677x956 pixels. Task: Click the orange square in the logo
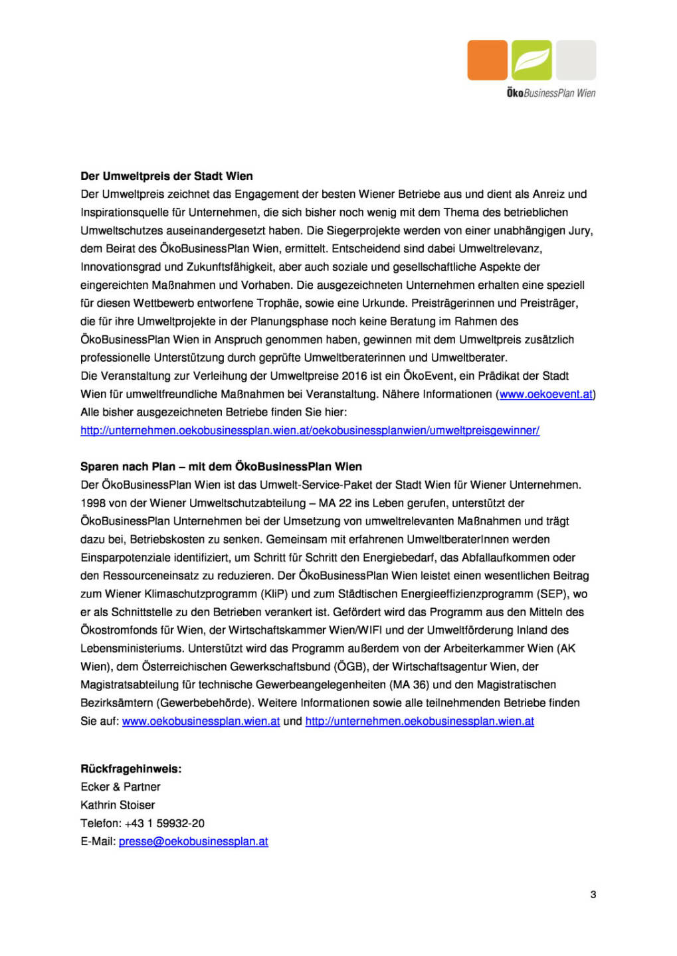tap(487, 60)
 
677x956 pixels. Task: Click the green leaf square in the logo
tap(532, 60)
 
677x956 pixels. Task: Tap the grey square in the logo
tap(576, 60)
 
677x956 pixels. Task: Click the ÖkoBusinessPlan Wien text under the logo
tap(551, 94)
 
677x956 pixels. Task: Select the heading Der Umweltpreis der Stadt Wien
tap(167, 176)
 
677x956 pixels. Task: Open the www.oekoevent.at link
tap(545, 394)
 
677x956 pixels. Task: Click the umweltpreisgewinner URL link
tap(310, 430)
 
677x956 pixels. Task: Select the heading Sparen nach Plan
tap(221, 466)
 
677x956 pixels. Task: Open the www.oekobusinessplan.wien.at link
tap(201, 721)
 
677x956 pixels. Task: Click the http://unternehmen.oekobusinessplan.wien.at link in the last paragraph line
tap(419, 721)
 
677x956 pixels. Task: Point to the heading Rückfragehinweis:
tap(131, 769)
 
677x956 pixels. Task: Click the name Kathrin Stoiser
tap(118, 805)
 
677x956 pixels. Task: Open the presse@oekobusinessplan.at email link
tap(193, 841)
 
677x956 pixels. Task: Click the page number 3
tap(593, 894)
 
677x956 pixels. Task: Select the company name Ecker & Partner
tap(120, 787)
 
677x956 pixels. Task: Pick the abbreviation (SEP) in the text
tap(554, 594)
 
